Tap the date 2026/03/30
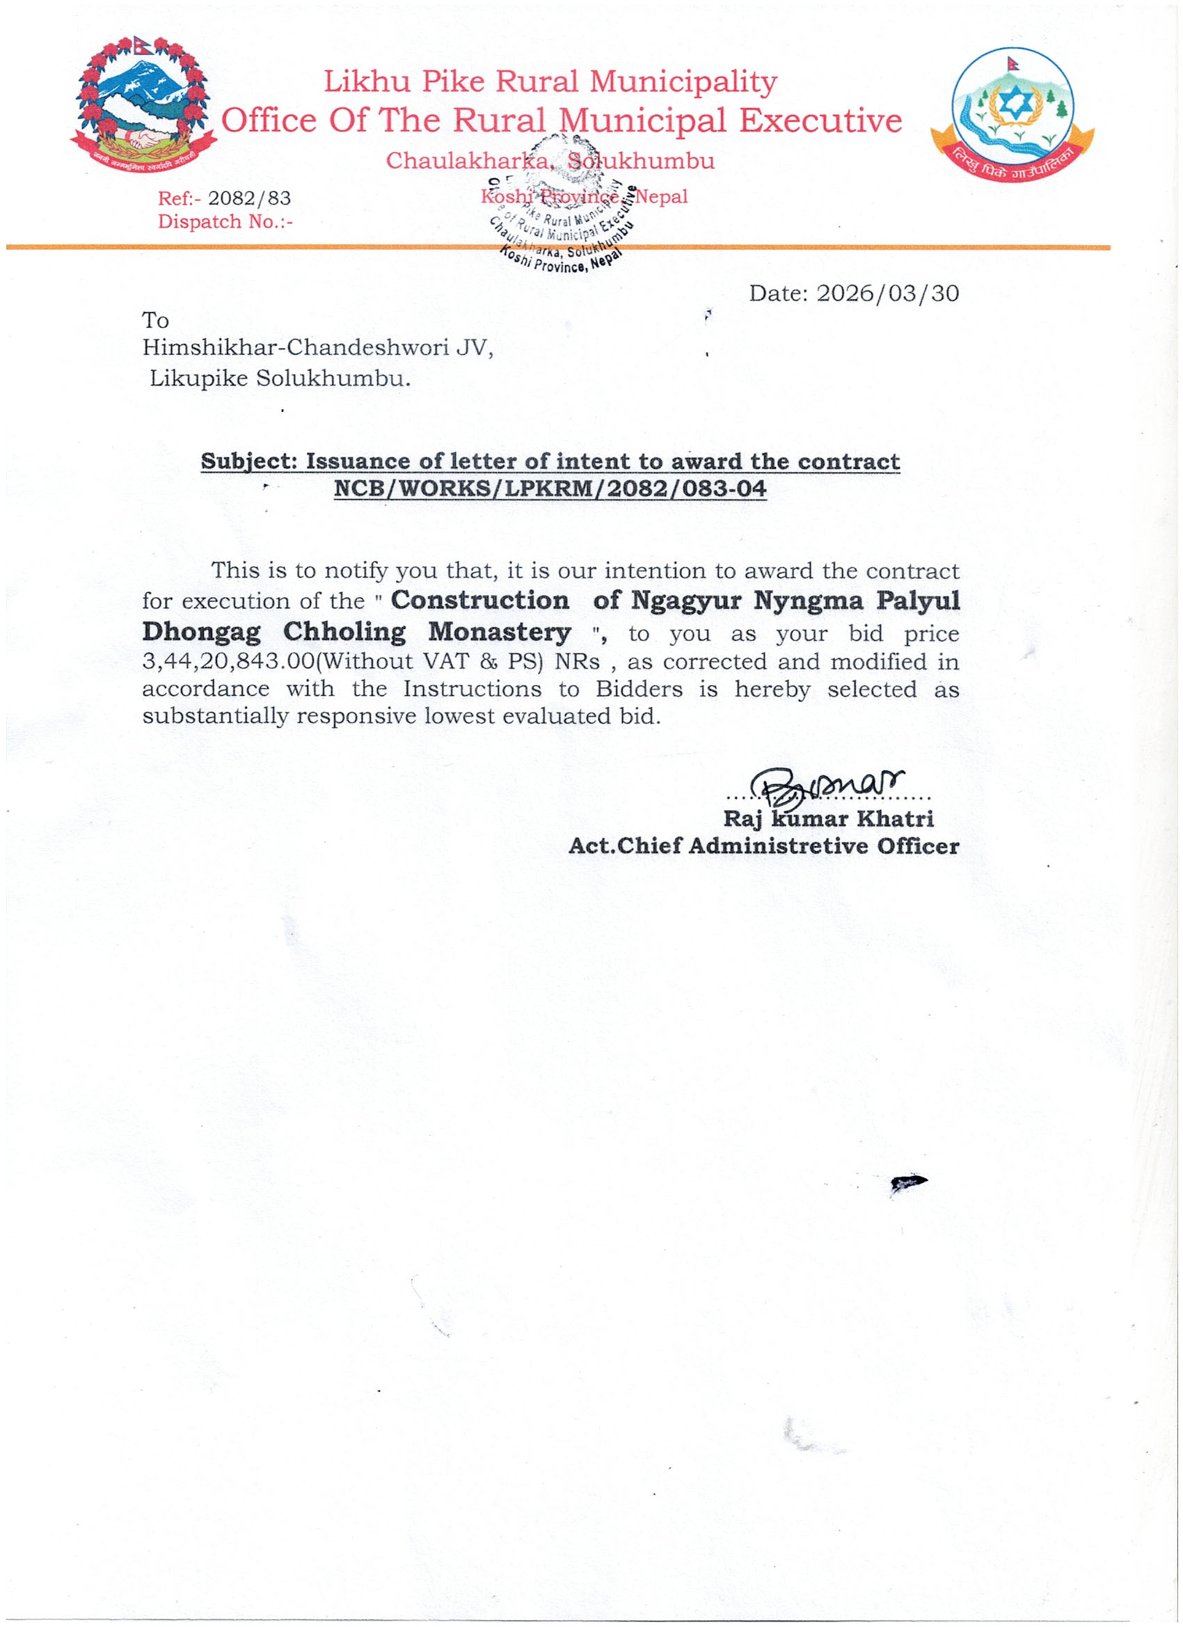click(887, 294)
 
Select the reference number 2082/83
click(249, 198)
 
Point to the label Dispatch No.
click(225, 222)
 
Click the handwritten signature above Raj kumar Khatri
click(825, 786)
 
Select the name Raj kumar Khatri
click(828, 819)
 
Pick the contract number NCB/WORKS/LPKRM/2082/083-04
click(550, 489)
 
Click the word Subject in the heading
click(248, 461)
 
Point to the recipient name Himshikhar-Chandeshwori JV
click(317, 348)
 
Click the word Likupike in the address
click(198, 378)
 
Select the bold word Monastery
click(500, 633)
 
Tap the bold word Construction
click(479, 601)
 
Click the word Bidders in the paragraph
click(639, 690)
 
